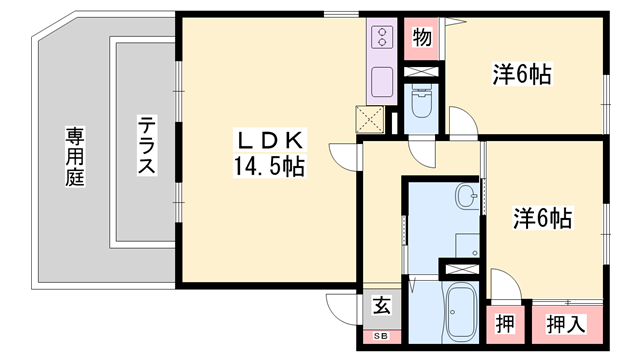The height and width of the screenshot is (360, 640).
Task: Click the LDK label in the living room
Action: click(x=269, y=139)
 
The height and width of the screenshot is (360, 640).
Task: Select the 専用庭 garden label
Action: click(x=76, y=155)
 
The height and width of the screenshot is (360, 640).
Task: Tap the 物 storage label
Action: click(x=422, y=38)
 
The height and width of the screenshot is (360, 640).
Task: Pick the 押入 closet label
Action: click(x=566, y=324)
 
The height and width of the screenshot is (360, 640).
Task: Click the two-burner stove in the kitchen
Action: click(x=383, y=38)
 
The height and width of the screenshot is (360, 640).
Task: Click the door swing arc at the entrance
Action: click(x=340, y=305)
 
